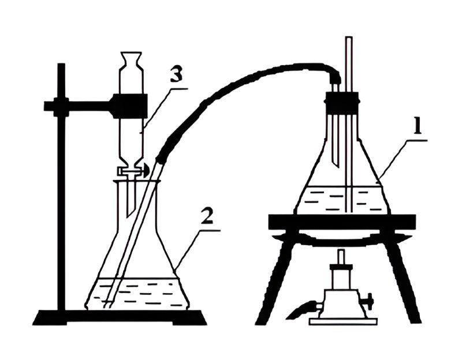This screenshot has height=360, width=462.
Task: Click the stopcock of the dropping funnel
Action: [134, 170]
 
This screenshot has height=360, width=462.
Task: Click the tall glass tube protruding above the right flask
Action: [350, 123]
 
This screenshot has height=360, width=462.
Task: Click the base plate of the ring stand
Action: [120, 318]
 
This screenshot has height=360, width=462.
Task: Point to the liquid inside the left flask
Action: [136, 294]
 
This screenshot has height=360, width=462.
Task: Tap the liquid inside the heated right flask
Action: [342, 200]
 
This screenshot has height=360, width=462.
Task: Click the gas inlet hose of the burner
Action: [302, 310]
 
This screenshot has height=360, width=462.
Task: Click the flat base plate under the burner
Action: [343, 321]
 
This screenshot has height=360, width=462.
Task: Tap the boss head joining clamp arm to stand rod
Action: [61, 106]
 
